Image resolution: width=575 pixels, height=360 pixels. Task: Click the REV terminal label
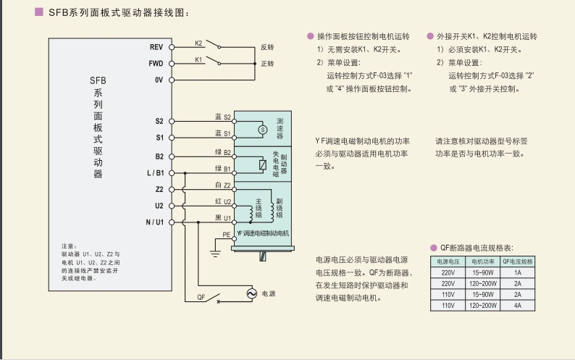156,47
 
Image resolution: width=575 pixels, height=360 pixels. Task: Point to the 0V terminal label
159,80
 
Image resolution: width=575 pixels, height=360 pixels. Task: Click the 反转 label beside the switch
267,47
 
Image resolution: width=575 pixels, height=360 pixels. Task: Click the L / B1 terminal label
155,173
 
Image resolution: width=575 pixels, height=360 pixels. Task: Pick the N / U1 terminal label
155,222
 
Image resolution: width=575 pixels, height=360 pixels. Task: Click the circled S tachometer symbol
262,129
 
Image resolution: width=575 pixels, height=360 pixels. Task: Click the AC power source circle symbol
252,293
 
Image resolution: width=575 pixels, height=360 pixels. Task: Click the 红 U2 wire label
222,201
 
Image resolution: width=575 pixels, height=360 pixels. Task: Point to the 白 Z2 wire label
222,185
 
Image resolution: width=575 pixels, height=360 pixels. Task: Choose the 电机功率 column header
483,261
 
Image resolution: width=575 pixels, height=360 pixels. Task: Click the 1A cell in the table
518,272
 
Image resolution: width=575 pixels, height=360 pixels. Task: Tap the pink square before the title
39,12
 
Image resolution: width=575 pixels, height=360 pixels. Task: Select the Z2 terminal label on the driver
159,189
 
